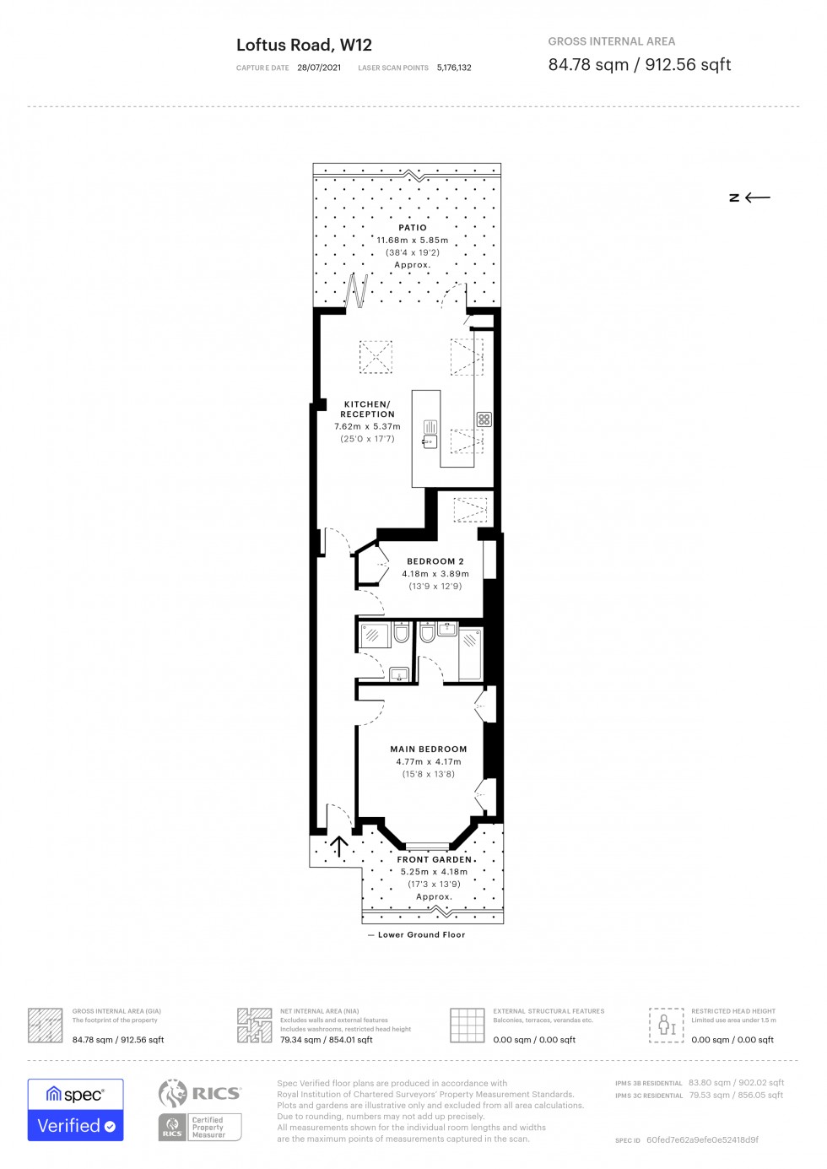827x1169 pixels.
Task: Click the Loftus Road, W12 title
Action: (x=304, y=46)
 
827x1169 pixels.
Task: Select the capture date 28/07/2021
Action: (x=319, y=68)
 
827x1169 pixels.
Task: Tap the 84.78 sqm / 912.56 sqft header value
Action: (x=639, y=65)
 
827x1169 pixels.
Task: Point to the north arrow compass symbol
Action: (x=749, y=198)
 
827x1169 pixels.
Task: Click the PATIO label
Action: (x=413, y=228)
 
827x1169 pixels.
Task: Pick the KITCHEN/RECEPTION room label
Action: (x=367, y=409)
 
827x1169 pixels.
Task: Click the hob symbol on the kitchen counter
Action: (x=484, y=419)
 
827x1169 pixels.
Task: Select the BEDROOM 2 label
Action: (x=435, y=561)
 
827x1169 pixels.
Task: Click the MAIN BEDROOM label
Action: (x=428, y=750)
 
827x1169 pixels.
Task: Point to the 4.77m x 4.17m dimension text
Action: (x=428, y=762)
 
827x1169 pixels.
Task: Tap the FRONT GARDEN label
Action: (x=434, y=860)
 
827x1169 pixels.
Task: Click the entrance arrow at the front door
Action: (x=339, y=846)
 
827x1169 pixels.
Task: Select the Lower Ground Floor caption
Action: (x=421, y=935)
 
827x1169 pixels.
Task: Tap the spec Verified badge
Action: (x=76, y=1110)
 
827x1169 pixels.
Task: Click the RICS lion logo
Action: (x=173, y=1093)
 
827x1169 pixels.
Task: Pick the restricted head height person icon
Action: (x=667, y=1026)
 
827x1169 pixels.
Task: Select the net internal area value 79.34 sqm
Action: (x=326, y=1040)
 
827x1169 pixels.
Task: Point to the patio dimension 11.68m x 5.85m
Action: (x=412, y=241)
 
